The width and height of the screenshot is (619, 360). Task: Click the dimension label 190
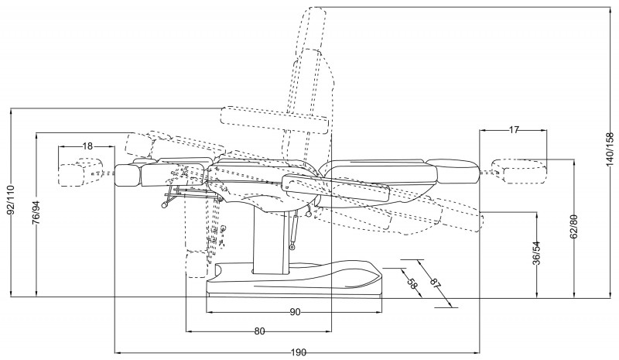point(298,352)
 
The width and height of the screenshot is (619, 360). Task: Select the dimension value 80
point(259,331)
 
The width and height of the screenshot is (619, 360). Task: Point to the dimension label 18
point(87,146)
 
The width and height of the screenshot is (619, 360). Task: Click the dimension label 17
point(514,130)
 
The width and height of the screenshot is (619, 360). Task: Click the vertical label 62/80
point(572,228)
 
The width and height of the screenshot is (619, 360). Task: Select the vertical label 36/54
point(536,253)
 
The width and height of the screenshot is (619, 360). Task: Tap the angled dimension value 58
point(412,284)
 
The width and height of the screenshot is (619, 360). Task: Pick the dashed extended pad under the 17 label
point(518,170)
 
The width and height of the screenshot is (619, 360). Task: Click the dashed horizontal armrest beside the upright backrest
point(275,117)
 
